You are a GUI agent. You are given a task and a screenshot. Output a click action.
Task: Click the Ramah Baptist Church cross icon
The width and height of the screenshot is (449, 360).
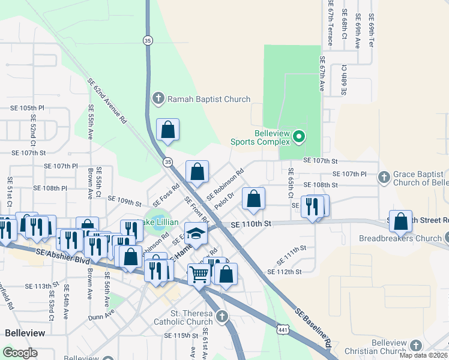coord(158,98)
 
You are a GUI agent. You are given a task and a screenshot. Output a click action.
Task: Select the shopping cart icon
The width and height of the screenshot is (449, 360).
coord(199,274)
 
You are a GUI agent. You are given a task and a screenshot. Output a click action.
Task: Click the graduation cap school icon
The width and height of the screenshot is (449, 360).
coord(196,232)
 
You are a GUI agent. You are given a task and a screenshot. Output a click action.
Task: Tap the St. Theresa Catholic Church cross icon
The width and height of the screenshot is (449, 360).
coord(222,316)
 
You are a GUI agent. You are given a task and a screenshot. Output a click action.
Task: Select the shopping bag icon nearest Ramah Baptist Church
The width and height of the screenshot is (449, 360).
coord(167,128)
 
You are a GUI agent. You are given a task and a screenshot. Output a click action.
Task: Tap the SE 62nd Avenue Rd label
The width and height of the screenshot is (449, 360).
coord(107,100)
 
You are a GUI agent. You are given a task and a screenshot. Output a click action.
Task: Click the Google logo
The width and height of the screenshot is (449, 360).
coord(20,353)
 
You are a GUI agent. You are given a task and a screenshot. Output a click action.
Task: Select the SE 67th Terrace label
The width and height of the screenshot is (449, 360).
coord(330,23)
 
